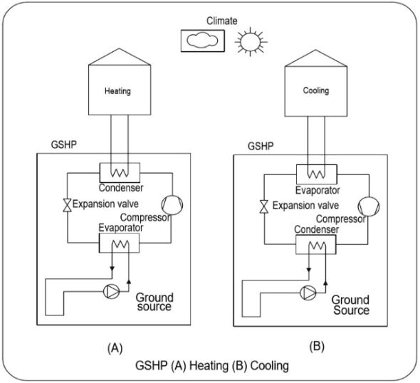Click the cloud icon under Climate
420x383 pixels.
[202, 41]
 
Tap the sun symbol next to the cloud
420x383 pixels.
[251, 42]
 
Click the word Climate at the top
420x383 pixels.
[222, 21]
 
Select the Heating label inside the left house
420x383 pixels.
[117, 91]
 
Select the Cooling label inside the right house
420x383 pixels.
[316, 90]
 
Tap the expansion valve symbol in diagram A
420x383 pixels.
[67, 206]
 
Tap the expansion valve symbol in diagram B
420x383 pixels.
[264, 206]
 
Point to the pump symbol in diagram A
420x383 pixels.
[111, 291]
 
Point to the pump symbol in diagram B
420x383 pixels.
[308, 293]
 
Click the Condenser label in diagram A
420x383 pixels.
[121, 188]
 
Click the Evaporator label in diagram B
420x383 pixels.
[317, 190]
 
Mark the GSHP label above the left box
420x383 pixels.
[64, 145]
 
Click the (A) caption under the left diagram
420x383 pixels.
[115, 348]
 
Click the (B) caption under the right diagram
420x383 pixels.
[317, 346]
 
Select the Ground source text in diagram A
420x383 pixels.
[154, 302]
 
